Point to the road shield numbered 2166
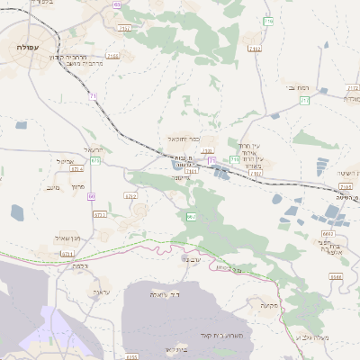[x=112, y=55]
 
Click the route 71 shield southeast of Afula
[x=93, y=94]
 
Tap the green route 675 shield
[x=94, y=159]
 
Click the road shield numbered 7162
[x=255, y=49]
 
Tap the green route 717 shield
[x=304, y=101]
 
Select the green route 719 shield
[x=234, y=159]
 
